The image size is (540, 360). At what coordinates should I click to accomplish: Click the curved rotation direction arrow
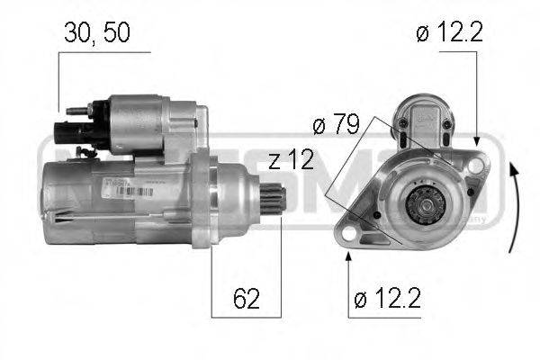point(512,207)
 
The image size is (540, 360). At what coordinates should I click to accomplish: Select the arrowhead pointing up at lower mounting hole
point(348,256)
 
